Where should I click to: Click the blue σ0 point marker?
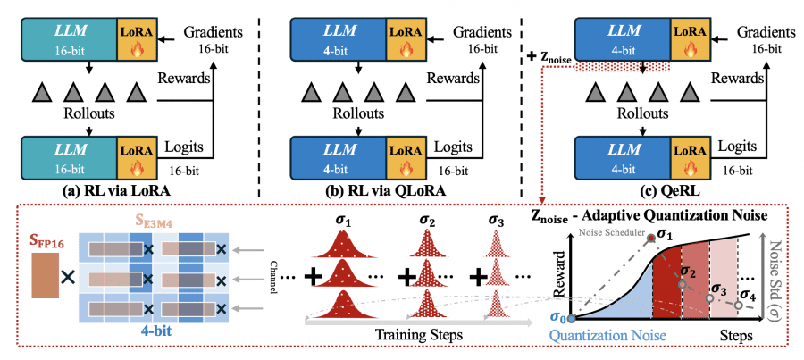tap(573, 317)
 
